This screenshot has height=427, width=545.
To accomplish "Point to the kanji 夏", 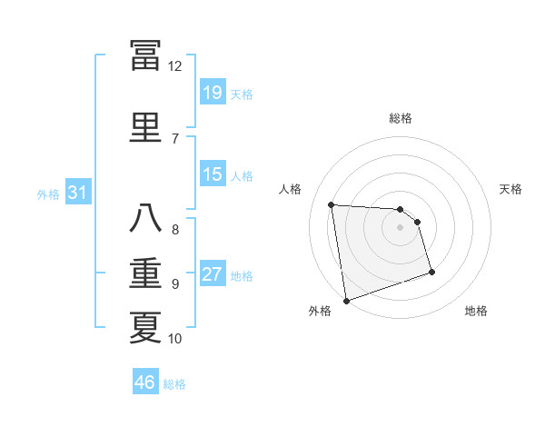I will (145, 326).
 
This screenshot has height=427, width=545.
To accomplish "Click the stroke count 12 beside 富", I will (175, 66).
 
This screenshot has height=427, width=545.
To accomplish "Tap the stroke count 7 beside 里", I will (175, 138).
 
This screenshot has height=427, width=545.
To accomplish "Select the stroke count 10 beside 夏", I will (175, 339).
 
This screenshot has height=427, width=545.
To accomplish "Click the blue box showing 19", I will (213, 92).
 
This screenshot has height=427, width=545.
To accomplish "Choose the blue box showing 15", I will (213, 174).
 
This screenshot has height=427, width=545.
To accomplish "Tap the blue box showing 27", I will (213, 274).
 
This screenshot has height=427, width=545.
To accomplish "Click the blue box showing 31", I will (78, 193).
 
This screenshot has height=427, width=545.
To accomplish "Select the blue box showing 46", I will (145, 382).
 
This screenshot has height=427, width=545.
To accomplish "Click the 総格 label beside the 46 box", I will (174, 384).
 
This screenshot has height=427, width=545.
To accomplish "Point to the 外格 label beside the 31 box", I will (48, 194).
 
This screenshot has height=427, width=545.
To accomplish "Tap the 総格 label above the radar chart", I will (401, 118).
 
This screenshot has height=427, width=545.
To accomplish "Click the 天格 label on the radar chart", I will (511, 189).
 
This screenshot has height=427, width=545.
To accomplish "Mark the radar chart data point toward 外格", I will (346, 300).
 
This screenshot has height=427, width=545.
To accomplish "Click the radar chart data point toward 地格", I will (431, 272).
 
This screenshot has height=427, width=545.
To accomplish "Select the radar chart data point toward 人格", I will (332, 204).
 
